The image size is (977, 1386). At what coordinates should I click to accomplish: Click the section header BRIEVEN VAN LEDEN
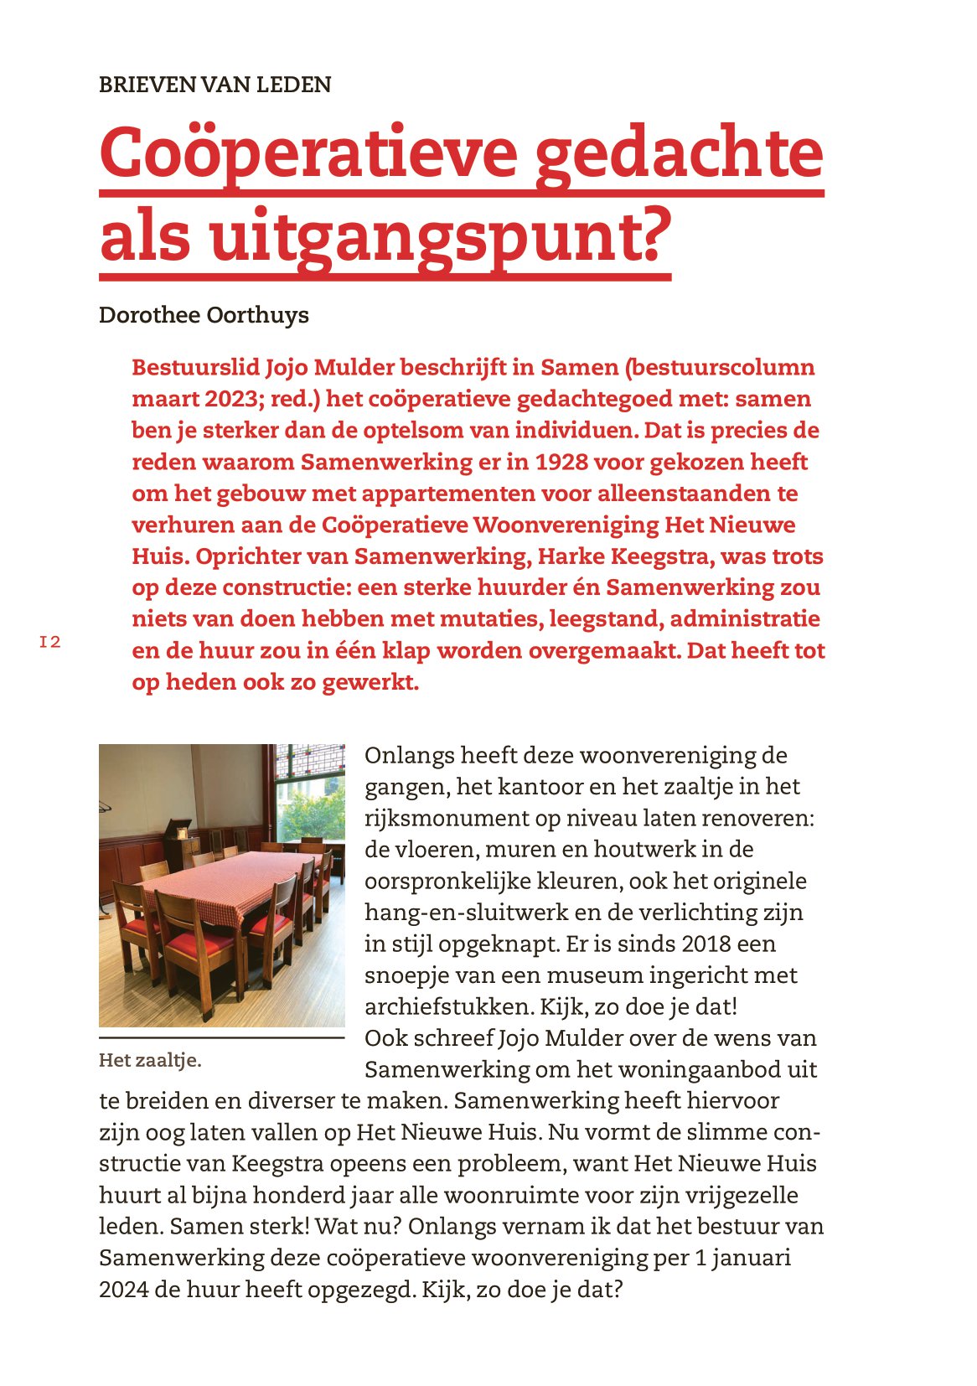coord(215,85)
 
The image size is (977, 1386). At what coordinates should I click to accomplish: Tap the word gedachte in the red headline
coord(679,153)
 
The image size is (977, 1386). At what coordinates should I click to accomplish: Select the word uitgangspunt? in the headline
coord(441,236)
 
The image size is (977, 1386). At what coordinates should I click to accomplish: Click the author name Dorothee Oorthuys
coord(204,315)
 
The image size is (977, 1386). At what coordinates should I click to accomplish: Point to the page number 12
coord(50,643)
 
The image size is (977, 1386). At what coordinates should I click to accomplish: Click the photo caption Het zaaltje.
coord(150,1060)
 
